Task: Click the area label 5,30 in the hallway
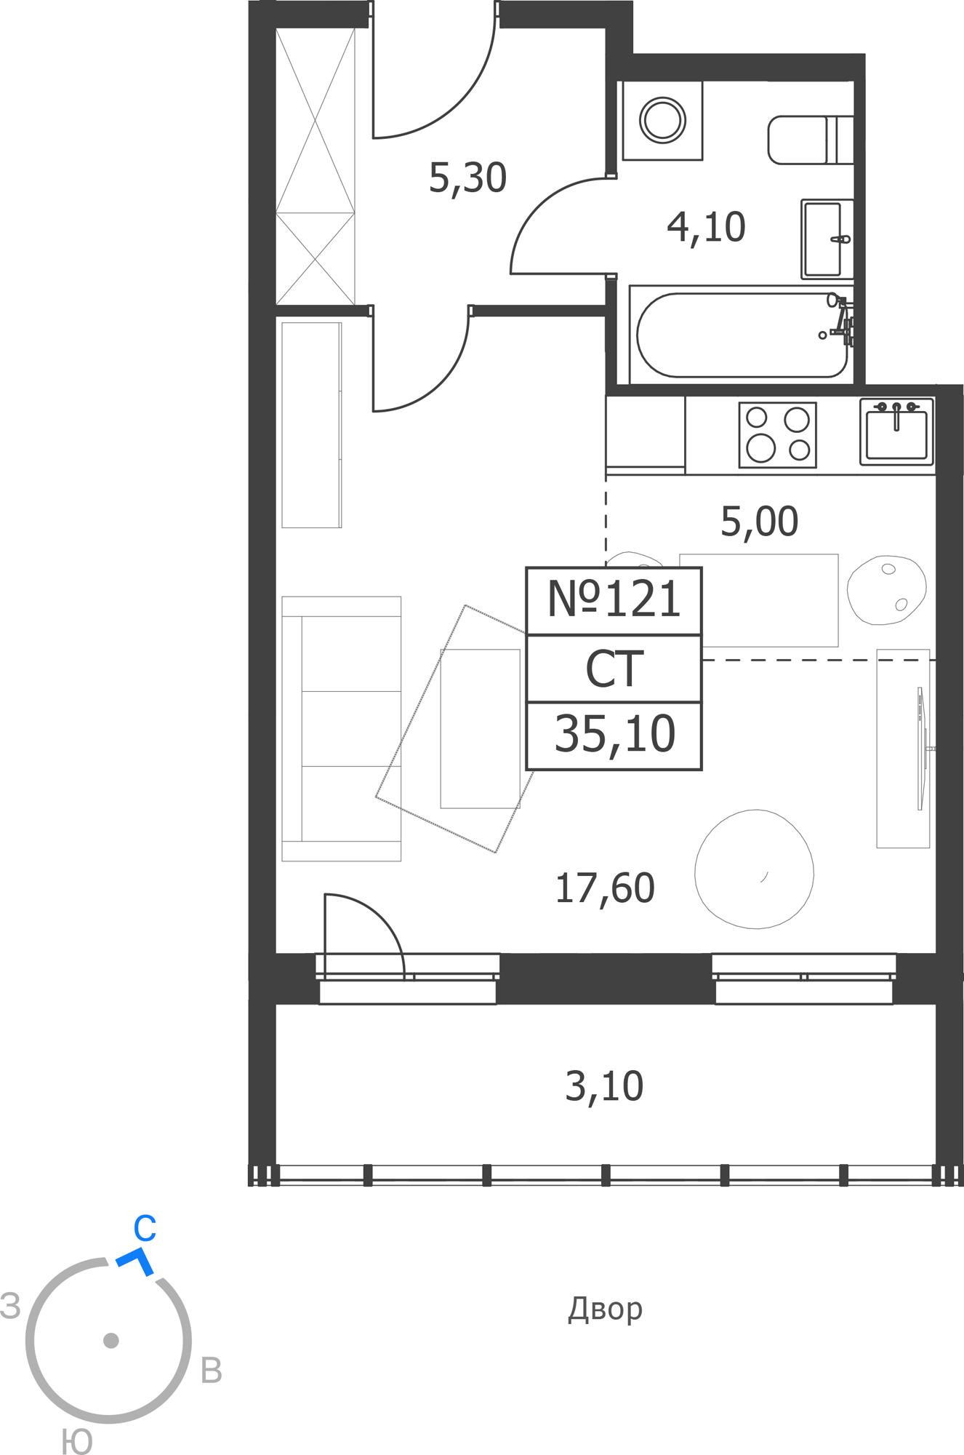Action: tap(467, 178)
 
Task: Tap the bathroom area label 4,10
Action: tap(706, 227)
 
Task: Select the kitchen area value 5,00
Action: tap(759, 522)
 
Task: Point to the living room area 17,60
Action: tap(604, 888)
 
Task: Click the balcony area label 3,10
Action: tap(604, 1086)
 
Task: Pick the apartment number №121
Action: tap(614, 600)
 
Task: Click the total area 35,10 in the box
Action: tap(614, 734)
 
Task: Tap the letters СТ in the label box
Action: tap(614, 669)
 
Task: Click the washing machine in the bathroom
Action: tap(662, 120)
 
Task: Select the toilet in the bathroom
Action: tap(811, 139)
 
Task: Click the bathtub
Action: tap(742, 335)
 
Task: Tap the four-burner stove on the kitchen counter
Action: tap(778, 434)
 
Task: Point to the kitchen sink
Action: tap(897, 431)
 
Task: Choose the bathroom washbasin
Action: tap(827, 239)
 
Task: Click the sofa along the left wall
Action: tap(342, 728)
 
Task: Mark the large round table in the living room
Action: tap(755, 869)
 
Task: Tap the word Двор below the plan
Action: tap(605, 1309)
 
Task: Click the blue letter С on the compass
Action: tap(145, 1229)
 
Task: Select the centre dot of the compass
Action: tap(111, 1340)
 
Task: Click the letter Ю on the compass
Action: tap(76, 1441)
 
